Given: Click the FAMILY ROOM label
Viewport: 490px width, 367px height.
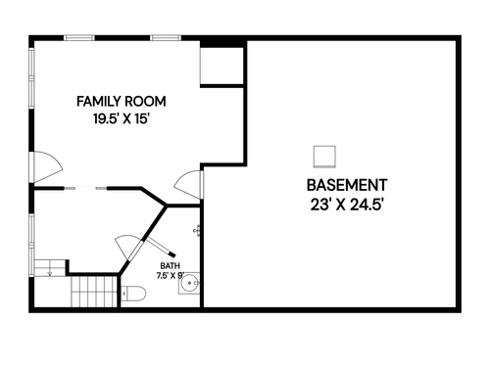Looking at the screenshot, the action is click(x=122, y=102).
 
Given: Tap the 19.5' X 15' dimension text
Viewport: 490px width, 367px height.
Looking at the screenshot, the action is click(x=122, y=118).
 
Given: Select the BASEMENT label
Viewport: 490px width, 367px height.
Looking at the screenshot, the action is click(x=347, y=185).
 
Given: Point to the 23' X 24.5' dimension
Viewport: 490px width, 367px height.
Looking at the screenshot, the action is click(x=346, y=206).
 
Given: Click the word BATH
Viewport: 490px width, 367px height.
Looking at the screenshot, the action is click(x=170, y=266).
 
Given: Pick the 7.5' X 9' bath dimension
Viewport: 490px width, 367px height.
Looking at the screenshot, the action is click(x=171, y=276).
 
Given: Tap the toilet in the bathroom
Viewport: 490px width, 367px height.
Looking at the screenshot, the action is click(x=133, y=294).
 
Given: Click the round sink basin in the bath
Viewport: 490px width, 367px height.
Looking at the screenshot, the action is click(x=190, y=284).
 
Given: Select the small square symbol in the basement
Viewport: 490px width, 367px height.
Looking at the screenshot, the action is click(x=324, y=157).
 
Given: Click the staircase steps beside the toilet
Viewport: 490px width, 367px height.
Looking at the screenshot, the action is click(x=94, y=292).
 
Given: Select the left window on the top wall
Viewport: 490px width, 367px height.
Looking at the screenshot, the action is click(x=79, y=38).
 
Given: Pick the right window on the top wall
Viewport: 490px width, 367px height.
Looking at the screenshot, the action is click(x=166, y=38).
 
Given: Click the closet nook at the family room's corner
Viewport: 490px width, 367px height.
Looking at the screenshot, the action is click(x=221, y=66).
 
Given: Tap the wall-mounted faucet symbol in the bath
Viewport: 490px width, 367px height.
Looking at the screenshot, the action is click(x=197, y=231).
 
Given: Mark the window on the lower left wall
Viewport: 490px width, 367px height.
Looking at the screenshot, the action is click(x=31, y=246).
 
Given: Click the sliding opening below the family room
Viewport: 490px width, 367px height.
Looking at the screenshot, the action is click(x=85, y=188).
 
